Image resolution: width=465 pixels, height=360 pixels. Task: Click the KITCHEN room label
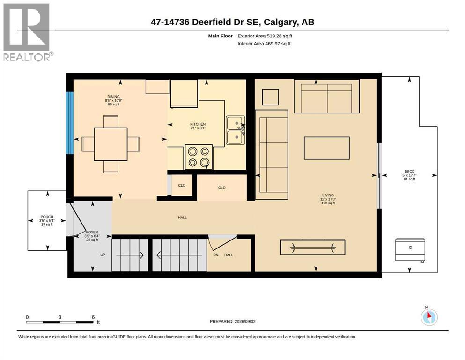tap(198, 124)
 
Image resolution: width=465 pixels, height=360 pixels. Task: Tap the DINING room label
tap(114, 97)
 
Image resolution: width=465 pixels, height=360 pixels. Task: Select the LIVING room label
tap(328, 195)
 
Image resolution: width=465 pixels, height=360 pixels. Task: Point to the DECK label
tap(410, 171)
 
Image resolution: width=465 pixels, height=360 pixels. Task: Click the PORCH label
tap(47, 217)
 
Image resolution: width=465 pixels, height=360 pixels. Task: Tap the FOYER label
tap(92, 232)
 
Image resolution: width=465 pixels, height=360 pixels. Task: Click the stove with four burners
tap(199, 157)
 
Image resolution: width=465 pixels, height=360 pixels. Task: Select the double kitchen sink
tap(236, 130)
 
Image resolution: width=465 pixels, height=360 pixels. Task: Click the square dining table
tap(111, 144)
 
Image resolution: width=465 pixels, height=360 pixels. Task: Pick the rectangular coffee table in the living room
tap(327, 148)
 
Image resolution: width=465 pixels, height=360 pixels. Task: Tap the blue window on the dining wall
tap(70, 122)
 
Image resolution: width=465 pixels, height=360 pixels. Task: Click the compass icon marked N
tap(429, 317)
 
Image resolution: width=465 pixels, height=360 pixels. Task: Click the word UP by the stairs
tap(103, 255)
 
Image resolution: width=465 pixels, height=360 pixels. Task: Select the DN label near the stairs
tap(215, 255)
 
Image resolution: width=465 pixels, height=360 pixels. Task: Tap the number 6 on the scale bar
tap(93, 317)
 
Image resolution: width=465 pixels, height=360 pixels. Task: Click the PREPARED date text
tap(232, 321)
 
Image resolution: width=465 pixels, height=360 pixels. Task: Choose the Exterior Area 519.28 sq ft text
tap(265, 36)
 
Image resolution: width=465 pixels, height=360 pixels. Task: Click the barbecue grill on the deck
tap(410, 249)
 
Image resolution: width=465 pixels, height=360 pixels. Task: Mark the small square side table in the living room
tap(271, 97)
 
